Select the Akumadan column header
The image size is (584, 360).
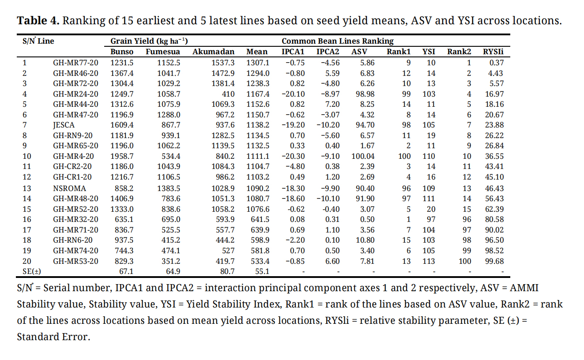pos(213,52)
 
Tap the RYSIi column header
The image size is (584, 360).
pos(493,52)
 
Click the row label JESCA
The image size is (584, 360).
pos(63,125)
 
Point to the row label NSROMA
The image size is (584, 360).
pos(70,188)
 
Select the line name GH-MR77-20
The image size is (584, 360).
pos(75,63)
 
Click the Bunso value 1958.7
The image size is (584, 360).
pos(122,156)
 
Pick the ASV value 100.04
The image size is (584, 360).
pos(363,156)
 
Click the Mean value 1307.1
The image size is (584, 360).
pos(258,63)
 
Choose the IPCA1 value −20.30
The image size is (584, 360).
pos(293,156)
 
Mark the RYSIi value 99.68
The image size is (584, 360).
pos(494,261)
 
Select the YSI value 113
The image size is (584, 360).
pos(429,261)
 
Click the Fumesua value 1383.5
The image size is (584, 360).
pos(169,188)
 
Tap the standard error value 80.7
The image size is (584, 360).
pos(227,271)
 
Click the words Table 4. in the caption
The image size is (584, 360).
pos(38,21)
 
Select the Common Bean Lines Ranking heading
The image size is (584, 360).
pos(337,41)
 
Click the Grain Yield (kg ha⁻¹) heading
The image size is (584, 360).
pos(149,41)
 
